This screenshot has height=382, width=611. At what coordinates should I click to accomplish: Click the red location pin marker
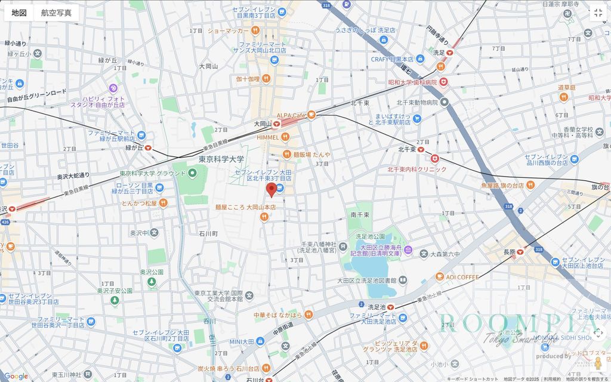click(x=271, y=190)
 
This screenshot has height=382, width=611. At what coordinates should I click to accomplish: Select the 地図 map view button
click(x=19, y=13)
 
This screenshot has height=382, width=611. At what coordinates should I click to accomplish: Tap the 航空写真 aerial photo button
click(x=57, y=13)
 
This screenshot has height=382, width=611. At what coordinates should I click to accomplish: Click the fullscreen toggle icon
click(x=598, y=13)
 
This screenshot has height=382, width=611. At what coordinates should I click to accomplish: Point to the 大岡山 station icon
click(x=276, y=124)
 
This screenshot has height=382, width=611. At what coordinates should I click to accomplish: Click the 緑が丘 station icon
click(x=147, y=148)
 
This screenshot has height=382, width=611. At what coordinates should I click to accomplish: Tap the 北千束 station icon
click(x=420, y=149)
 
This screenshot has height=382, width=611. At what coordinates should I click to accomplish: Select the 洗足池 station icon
click(x=390, y=307)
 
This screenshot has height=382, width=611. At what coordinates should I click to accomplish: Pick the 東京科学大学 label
click(x=221, y=159)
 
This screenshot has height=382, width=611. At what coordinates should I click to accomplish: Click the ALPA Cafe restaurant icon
click(x=311, y=115)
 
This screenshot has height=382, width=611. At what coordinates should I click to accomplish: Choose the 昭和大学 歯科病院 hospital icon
click(x=444, y=82)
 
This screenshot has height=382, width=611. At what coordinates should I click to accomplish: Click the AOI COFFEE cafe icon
click(x=440, y=277)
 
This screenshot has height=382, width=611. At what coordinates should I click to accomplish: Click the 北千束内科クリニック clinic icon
click(x=435, y=159)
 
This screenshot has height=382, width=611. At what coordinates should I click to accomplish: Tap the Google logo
click(x=16, y=376)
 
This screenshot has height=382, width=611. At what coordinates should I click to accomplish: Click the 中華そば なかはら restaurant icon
click(x=308, y=315)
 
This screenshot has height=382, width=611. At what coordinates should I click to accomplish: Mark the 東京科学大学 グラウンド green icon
click(x=192, y=174)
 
